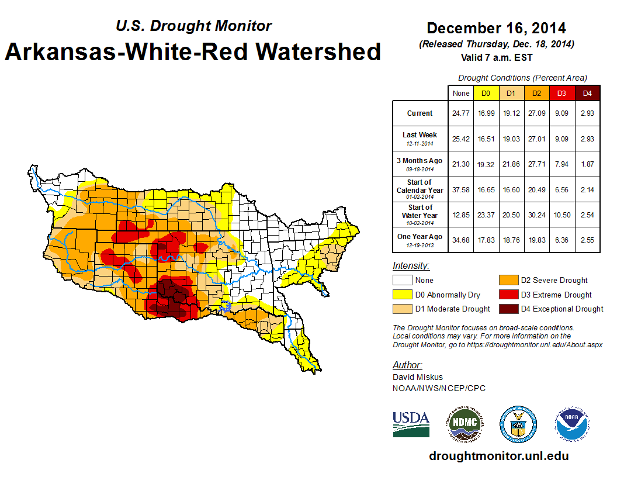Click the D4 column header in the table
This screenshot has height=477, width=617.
pos(588,93)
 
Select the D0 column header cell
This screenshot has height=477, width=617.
pos(486,93)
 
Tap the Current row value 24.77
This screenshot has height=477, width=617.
pos(461,113)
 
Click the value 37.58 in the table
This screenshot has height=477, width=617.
pos(461,189)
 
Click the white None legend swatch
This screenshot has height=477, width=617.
pos(402,281)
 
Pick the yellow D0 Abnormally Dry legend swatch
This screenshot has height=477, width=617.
pos(402,295)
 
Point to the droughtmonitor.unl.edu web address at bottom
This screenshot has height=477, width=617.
pos(498,456)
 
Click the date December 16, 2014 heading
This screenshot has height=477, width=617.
pos(496,28)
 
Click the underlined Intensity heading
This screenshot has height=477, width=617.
pos(411,266)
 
